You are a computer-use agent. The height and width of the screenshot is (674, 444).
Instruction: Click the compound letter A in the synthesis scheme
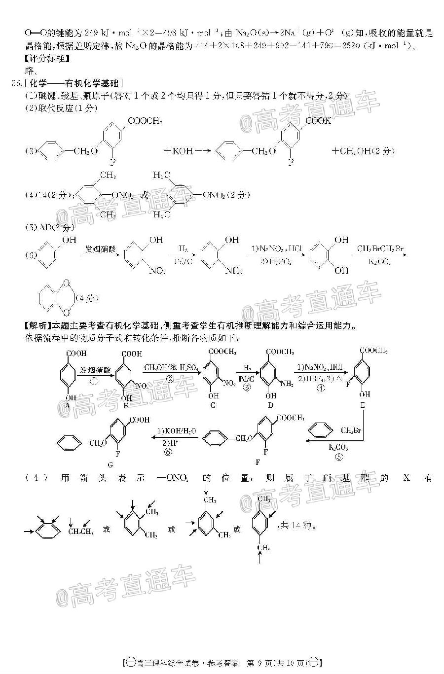[68, 405]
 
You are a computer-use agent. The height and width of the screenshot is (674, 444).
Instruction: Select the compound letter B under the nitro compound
[126, 405]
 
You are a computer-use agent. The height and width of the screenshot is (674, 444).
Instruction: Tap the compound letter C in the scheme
[213, 405]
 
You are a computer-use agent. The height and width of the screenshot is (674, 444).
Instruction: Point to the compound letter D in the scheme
[270, 405]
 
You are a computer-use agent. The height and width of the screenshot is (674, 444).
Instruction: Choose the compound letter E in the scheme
[363, 405]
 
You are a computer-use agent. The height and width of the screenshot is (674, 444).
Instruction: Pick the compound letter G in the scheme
[110, 464]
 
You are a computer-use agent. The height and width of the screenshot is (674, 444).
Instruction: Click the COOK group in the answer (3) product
[318, 121]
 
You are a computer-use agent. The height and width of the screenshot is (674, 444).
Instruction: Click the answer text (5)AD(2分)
[49, 227]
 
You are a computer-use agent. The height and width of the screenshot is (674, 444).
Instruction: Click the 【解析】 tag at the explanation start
[37, 326]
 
